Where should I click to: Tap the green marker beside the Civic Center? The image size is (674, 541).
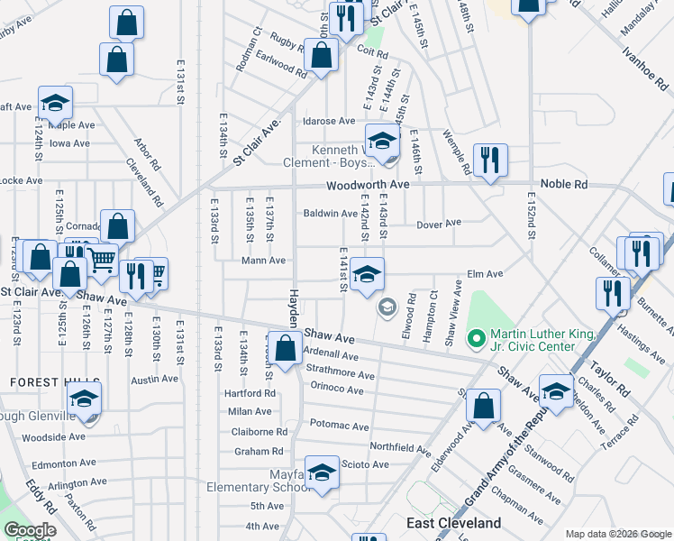pos(475,340)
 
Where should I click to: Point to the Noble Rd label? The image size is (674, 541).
pos(563,185)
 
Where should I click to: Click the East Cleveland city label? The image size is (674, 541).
pos(453,523)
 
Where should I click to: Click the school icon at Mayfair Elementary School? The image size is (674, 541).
pos(322,472)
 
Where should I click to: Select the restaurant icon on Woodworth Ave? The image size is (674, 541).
pos(489,160)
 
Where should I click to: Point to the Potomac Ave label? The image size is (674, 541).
pos(339,426)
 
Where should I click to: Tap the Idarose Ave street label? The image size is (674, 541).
pos(329,121)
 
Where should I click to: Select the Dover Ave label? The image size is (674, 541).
pos(439,223)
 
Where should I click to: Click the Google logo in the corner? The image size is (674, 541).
pos(30,530)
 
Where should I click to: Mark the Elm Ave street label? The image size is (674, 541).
pos(485,273)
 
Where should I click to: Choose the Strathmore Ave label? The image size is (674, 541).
pos(340,375)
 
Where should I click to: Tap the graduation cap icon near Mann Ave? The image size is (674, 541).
pos(367,274)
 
